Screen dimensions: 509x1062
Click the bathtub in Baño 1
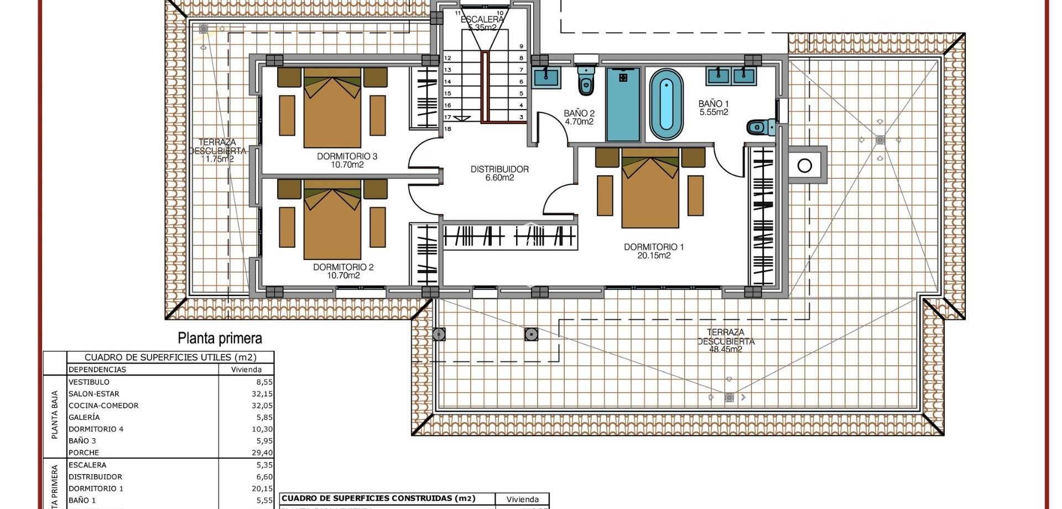click(x=666, y=105)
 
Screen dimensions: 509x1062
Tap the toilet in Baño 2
click(x=586, y=82)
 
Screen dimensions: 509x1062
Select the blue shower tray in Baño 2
click(x=623, y=104)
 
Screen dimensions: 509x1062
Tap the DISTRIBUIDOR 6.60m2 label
click(x=499, y=173)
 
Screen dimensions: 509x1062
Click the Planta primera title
click(x=220, y=338)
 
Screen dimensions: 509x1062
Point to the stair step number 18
click(x=447, y=129)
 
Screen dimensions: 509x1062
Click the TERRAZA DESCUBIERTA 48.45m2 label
click(x=725, y=341)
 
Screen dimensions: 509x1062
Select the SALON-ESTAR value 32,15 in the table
click(x=262, y=394)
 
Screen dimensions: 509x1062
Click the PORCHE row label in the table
click(x=84, y=453)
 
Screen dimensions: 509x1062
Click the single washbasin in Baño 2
click(x=546, y=77)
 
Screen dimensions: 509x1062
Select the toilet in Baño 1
click(x=760, y=128)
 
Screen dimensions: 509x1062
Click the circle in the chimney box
click(x=805, y=165)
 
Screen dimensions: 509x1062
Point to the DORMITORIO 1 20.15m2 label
click(x=654, y=251)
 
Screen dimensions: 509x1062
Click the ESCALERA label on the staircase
click(x=482, y=19)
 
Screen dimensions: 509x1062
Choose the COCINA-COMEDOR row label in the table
click(x=103, y=406)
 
